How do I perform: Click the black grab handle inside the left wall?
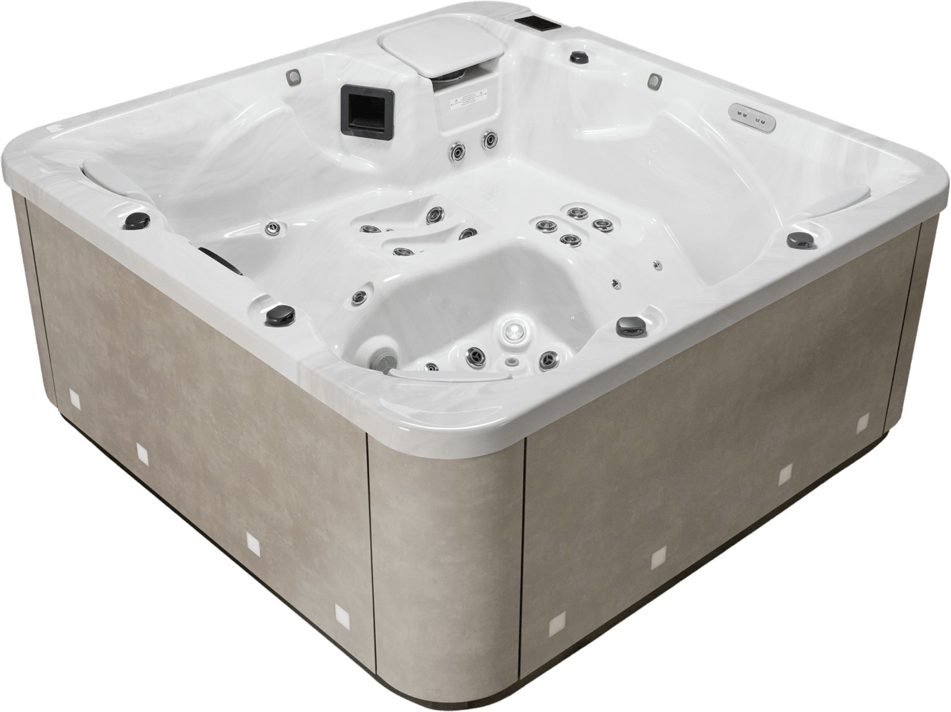point(220,259)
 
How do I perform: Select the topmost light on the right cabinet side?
point(862,424)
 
